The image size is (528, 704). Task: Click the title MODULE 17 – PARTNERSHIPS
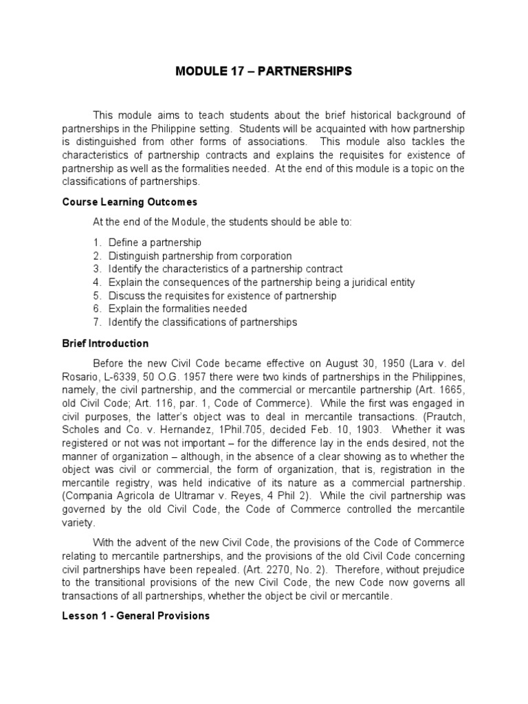(x=263, y=71)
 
